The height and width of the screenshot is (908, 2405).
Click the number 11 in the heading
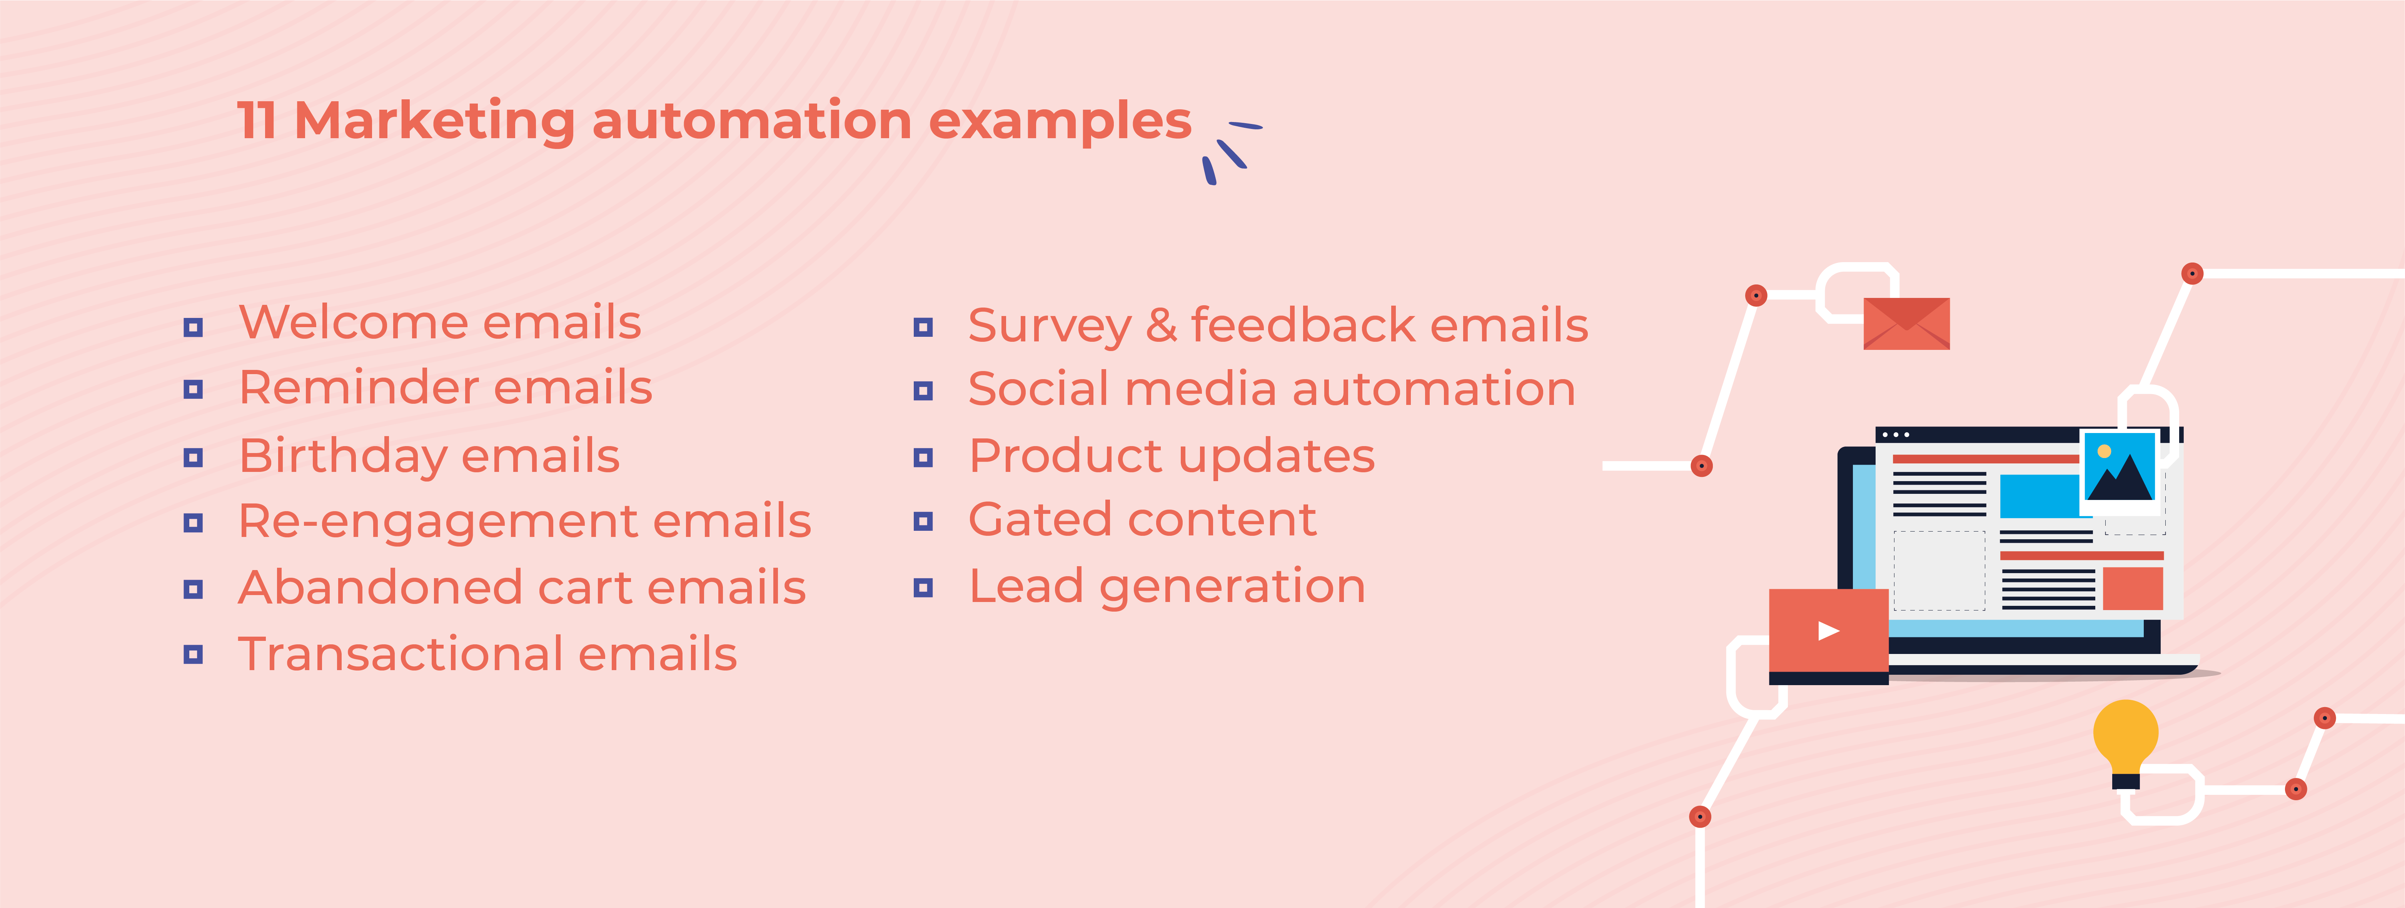click(x=257, y=122)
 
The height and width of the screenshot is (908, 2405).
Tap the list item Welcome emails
click(x=439, y=323)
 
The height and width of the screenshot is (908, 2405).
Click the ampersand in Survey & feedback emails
click(x=1160, y=325)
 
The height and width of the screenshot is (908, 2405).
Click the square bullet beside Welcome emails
click(x=193, y=327)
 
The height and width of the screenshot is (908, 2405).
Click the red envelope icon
click(x=1906, y=323)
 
